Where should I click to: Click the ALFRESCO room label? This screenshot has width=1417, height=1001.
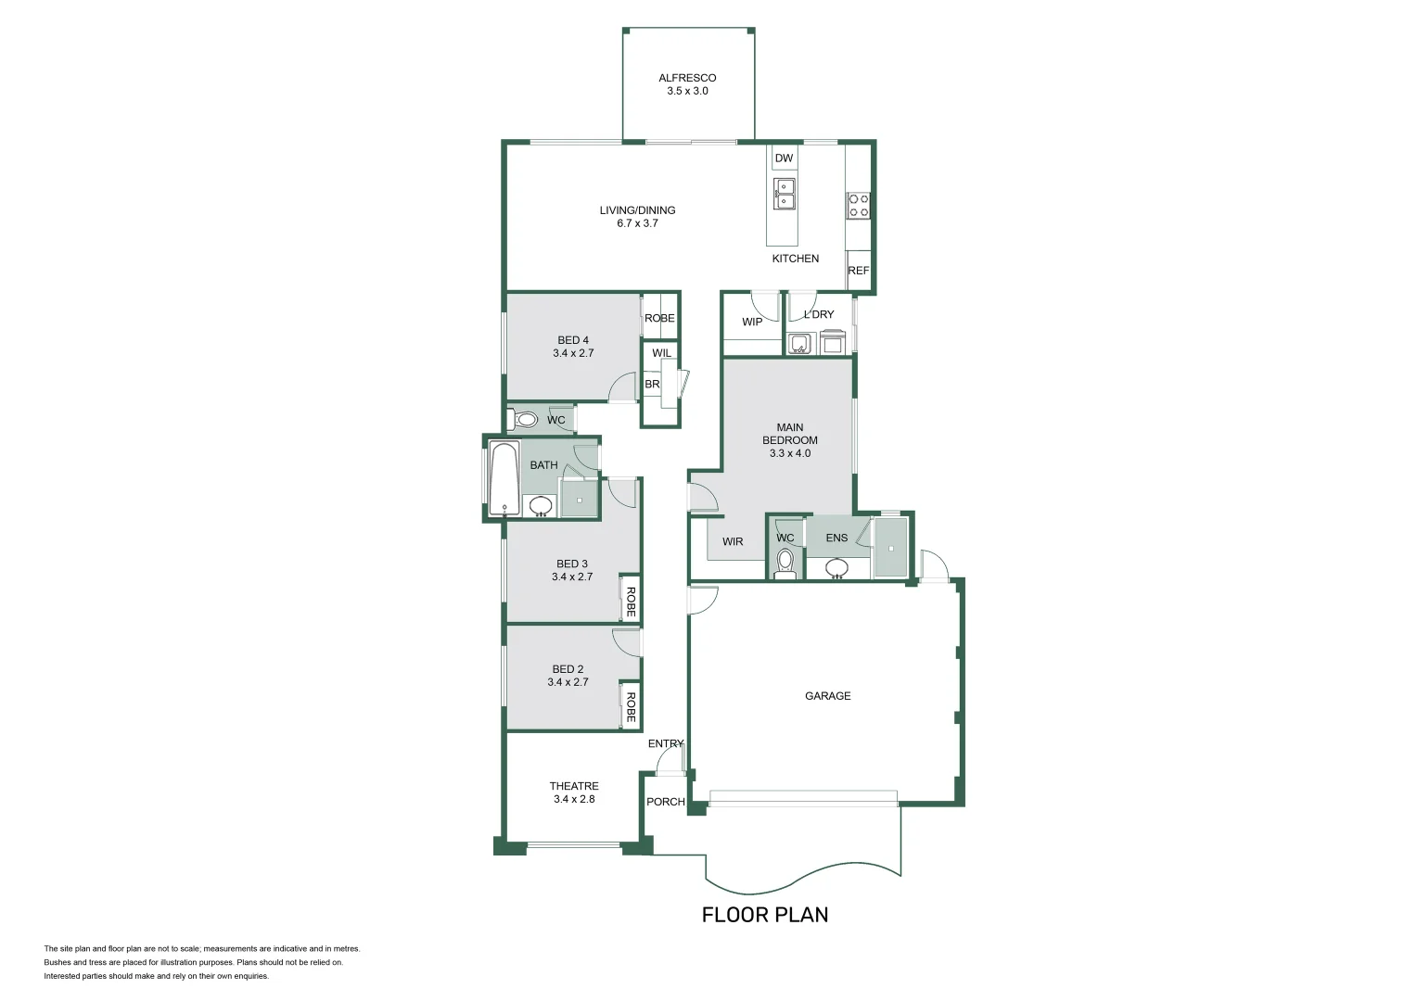tap(687, 78)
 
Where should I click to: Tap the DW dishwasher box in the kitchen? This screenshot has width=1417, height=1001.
tap(784, 158)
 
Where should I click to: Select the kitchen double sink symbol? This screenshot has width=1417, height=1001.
tap(784, 194)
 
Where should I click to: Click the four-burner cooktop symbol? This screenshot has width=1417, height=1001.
tap(858, 206)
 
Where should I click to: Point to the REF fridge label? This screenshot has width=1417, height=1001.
tap(858, 271)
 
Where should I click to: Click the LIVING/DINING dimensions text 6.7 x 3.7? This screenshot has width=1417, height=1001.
tap(638, 223)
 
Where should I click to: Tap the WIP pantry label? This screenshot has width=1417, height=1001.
tap(752, 322)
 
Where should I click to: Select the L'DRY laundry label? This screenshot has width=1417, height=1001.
tap(819, 314)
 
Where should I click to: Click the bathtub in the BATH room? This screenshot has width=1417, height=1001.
tap(504, 478)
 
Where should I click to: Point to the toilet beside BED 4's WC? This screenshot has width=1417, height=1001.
tap(522, 419)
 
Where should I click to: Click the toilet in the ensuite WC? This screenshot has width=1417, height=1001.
tap(785, 563)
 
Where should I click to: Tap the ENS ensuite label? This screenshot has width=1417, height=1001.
tap(836, 538)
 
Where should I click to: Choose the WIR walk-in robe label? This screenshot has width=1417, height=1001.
tap(733, 541)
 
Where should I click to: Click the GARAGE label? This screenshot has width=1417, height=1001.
tap(827, 695)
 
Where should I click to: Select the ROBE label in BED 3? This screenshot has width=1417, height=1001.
tap(630, 602)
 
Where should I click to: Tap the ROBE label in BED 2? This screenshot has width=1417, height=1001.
tap(630, 707)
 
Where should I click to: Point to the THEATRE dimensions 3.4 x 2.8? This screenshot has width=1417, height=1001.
tap(574, 799)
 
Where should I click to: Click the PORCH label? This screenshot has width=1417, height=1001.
tap(666, 802)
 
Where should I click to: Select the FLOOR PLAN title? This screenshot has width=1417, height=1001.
tap(765, 915)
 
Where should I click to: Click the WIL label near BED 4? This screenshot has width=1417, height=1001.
tap(662, 353)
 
